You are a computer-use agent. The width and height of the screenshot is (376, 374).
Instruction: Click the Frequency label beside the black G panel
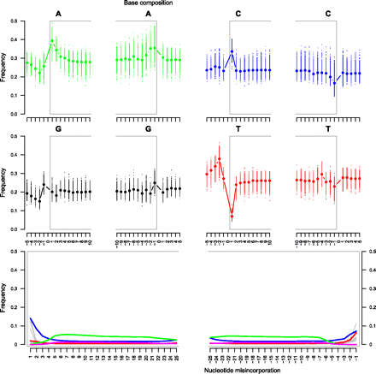point(5,185)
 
